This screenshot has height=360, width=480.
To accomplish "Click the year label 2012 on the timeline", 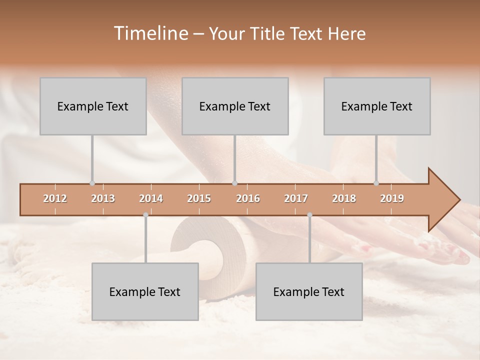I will point(55,198).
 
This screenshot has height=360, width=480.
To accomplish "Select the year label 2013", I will point(103,198).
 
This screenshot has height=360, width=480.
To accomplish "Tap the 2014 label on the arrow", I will point(151,198).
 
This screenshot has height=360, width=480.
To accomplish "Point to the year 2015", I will point(199,198).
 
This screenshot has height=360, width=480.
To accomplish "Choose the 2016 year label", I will point(248,198).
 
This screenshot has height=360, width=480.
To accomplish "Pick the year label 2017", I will point(296,198).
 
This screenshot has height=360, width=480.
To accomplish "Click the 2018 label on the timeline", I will point(344,198).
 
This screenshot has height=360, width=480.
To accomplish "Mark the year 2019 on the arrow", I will point(392,198).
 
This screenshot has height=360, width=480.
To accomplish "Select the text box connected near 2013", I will point(93,106).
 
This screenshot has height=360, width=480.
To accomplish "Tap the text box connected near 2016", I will point(235,106).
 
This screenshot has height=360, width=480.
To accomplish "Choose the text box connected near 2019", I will point(377,106).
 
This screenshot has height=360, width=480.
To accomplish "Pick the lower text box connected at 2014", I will point(145,291).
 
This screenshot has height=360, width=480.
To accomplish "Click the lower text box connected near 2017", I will point(309,291).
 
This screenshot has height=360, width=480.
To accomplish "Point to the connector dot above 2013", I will point(92,183).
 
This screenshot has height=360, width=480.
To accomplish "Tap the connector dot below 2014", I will point(145,215).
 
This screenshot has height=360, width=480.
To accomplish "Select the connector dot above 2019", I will point(376,183).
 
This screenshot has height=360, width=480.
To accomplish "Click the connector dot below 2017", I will point(309,215).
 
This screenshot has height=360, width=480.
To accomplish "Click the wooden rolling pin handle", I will point(212,260).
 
